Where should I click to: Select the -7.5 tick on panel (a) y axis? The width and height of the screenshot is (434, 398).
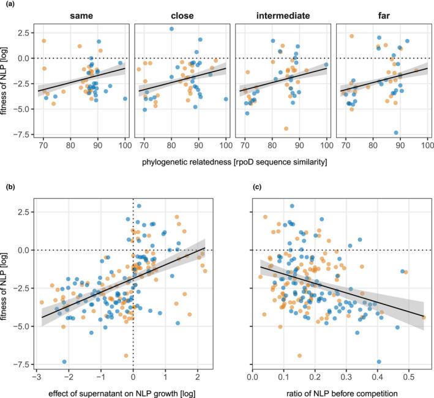point(24,135)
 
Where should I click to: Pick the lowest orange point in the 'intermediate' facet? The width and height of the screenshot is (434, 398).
point(286,128)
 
